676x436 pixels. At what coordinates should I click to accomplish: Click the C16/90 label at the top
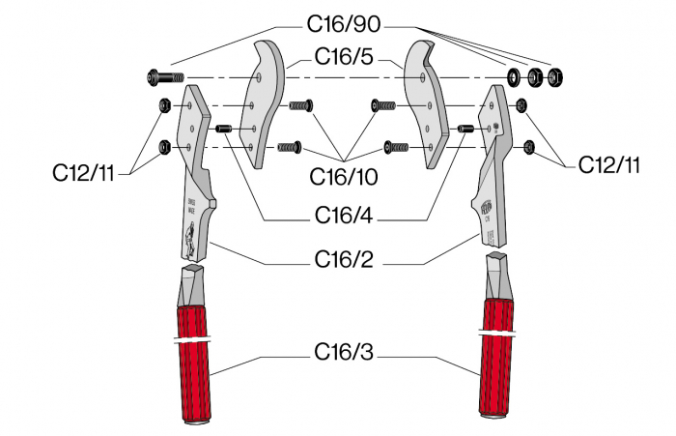[344, 24]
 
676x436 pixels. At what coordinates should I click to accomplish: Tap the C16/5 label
[344, 56]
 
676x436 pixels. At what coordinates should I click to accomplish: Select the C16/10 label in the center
[344, 176]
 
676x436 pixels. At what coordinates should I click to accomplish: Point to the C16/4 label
[344, 215]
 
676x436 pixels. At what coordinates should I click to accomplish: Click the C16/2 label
[344, 259]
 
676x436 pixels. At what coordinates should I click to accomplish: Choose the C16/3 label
[344, 352]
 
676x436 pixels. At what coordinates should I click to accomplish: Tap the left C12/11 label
[83, 173]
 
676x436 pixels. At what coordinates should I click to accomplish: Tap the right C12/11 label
[608, 164]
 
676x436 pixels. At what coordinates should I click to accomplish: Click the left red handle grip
[193, 363]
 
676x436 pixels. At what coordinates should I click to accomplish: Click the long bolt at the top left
[165, 77]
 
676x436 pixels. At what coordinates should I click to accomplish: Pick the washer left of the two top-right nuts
[514, 77]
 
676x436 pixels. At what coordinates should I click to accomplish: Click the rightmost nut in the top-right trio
[555, 77]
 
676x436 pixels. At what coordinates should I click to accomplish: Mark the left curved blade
[262, 104]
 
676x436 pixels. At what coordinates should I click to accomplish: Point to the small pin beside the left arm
[224, 129]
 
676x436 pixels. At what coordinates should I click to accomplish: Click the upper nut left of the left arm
[165, 105]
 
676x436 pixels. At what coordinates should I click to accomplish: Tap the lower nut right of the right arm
[528, 147]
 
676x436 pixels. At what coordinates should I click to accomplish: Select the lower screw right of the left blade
[289, 147]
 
